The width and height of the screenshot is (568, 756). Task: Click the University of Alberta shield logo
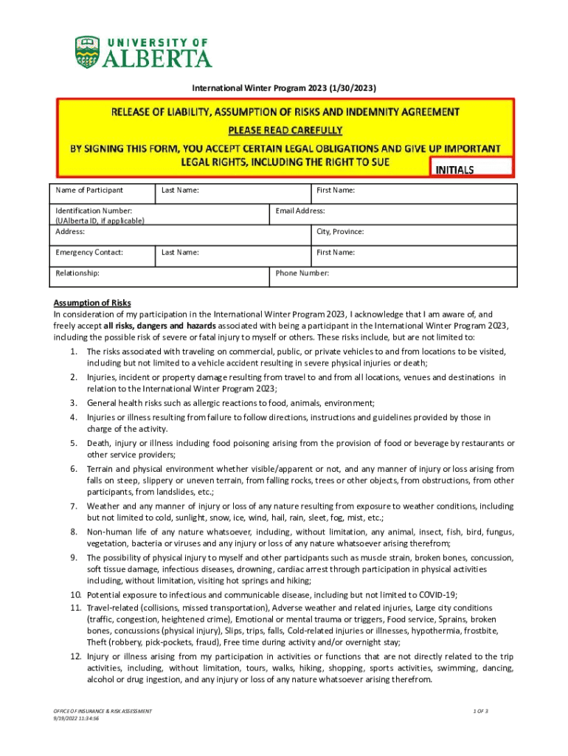(x=86, y=52)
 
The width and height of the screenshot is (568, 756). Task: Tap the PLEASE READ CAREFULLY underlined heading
(x=285, y=130)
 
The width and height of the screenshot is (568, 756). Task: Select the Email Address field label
(x=300, y=211)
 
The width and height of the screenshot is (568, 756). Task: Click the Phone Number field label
(x=302, y=273)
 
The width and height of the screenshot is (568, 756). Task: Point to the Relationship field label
(x=77, y=273)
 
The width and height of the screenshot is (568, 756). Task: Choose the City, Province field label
(x=340, y=232)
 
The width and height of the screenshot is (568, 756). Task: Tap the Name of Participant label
(x=89, y=190)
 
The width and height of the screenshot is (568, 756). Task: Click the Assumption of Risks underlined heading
(x=91, y=303)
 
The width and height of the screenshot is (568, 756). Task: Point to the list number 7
(x=75, y=506)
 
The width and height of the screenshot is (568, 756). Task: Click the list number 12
(x=75, y=656)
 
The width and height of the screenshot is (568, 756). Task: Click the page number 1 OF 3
(x=481, y=711)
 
